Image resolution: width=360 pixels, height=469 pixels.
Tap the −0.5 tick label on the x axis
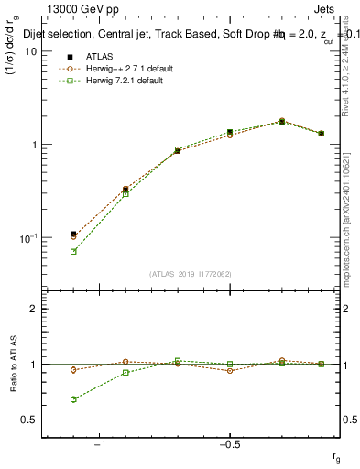point(229,443)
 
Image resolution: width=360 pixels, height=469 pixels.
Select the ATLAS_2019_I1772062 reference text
point(189,274)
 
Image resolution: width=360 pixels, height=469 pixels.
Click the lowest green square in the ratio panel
point(73,399)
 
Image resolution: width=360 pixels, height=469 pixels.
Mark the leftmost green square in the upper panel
point(73,251)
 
